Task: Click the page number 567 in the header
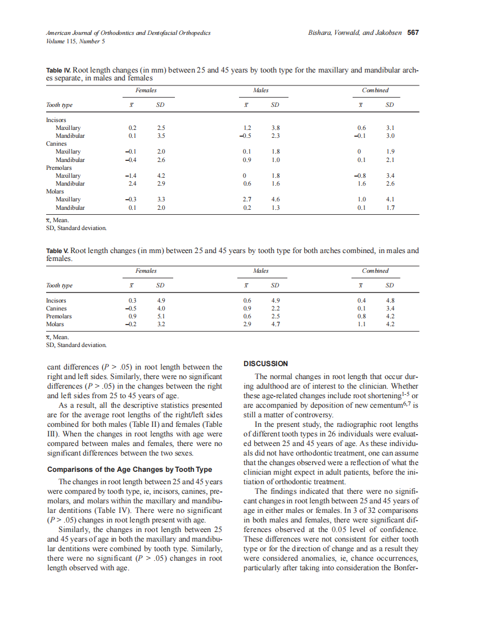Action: point(413,33)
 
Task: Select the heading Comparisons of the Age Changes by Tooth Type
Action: point(130,470)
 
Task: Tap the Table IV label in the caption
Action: point(58,71)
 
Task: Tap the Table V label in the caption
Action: point(58,251)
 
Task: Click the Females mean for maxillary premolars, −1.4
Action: point(131,176)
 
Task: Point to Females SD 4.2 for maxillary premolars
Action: point(160,176)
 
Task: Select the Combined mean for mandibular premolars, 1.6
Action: point(362,184)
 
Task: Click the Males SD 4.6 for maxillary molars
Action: point(276,200)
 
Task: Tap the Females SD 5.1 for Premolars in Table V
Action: point(160,316)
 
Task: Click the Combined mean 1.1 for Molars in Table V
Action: point(362,324)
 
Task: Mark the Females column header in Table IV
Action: point(146,90)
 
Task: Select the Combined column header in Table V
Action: point(375,271)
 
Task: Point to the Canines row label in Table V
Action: point(56,308)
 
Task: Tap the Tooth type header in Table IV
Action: point(59,105)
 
